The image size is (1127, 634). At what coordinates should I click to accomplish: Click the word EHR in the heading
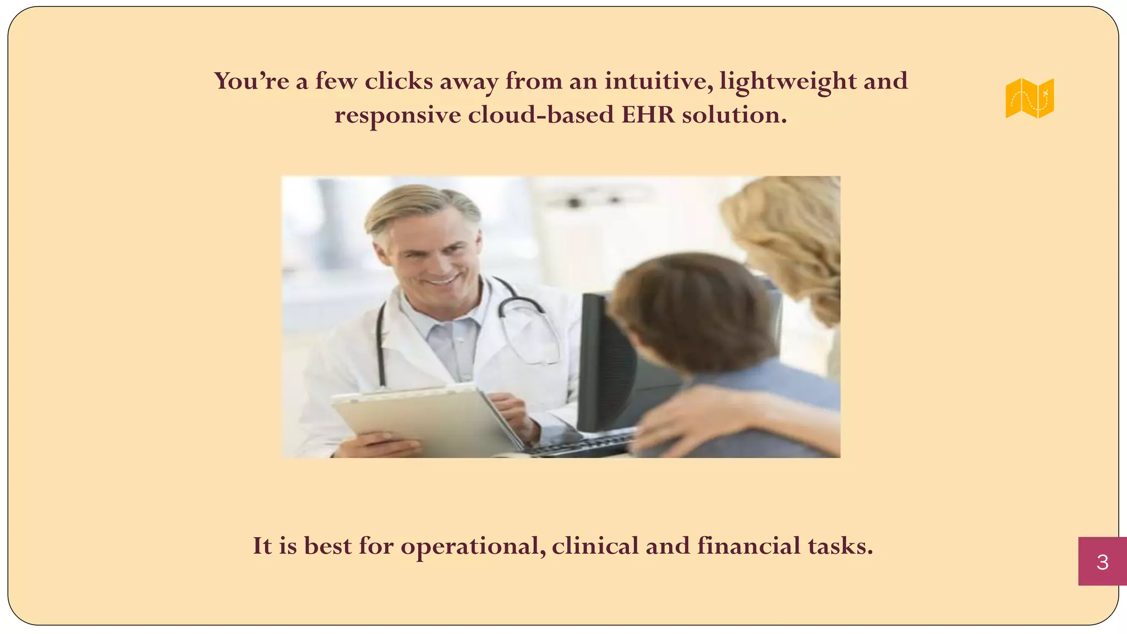pos(648,115)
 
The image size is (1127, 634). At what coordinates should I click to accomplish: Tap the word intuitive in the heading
pos(658,81)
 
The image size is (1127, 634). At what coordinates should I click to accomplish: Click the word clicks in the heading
pos(399,81)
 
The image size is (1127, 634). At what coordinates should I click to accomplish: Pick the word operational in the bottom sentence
pos(473,546)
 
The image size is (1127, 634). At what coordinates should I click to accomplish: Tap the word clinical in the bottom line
pos(595,546)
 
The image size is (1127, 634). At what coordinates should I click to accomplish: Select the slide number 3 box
pos(1102,561)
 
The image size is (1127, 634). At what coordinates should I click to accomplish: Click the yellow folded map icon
pos(1030,98)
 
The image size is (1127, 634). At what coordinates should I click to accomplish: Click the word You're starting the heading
pos(251,81)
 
